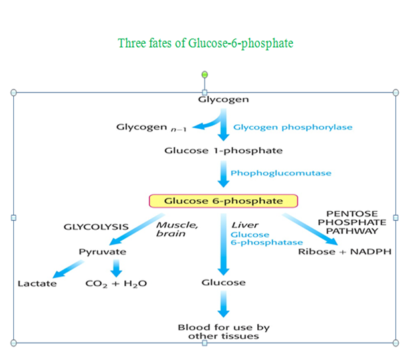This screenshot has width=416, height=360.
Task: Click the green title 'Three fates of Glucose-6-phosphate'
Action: (205, 43)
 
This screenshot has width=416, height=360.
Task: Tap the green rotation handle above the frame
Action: (205, 74)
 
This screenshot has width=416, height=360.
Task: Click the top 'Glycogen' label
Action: (223, 100)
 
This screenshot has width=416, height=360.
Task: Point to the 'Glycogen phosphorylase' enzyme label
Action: (292, 127)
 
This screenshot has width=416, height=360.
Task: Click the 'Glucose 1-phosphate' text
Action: (223, 150)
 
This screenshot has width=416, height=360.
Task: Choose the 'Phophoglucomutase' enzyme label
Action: (280, 173)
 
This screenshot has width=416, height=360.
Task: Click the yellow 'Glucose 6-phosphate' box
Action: (223, 201)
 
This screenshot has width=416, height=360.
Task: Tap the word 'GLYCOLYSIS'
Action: (96, 226)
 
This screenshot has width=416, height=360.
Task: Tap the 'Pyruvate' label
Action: (102, 252)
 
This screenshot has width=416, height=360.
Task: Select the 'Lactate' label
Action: (37, 284)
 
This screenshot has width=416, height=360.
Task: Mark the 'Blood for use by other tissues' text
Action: (223, 331)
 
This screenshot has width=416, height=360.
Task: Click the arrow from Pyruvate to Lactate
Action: (68, 269)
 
